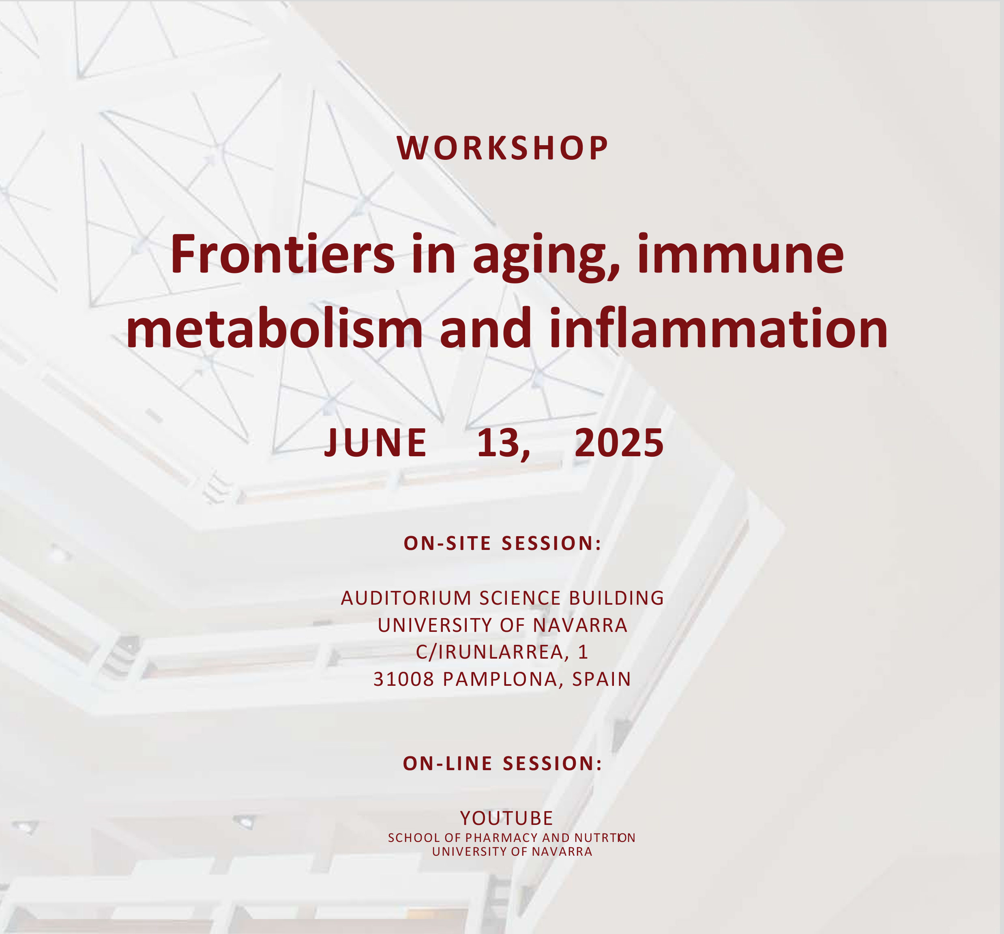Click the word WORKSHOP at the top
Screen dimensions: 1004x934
coord(502,148)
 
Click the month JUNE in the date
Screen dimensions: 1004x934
coord(375,442)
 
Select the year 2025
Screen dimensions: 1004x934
coord(619,442)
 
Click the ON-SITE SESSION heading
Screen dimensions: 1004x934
coord(502,543)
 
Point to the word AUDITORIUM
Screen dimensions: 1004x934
coord(406,598)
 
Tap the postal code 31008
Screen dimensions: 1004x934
coord(403,679)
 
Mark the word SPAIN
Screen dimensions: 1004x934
coord(601,679)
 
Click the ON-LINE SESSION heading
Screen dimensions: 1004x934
coord(502,763)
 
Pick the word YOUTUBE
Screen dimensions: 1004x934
coord(506,818)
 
